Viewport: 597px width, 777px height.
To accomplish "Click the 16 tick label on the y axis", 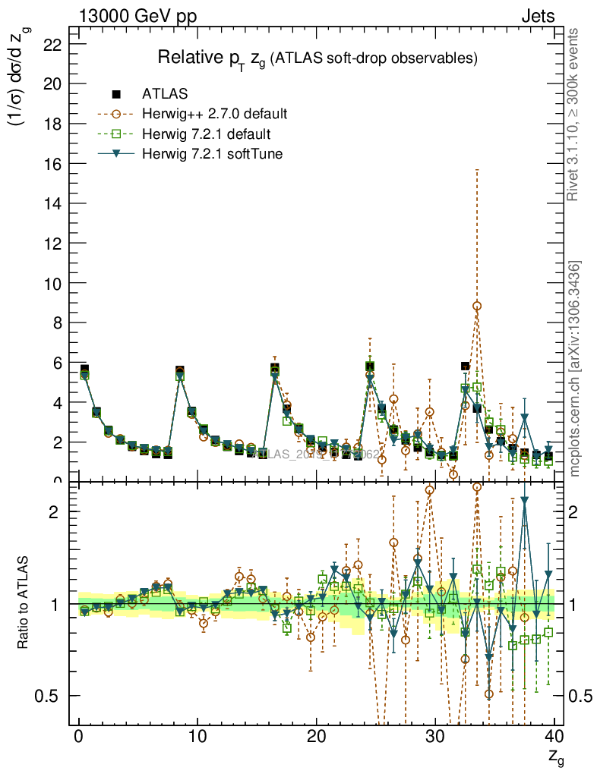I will pos(52,164).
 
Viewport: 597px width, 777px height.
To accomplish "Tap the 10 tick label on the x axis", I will pos(197,736).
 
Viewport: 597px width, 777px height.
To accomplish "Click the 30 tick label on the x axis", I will pos(434,736).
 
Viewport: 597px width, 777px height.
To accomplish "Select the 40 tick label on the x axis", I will pos(553,736).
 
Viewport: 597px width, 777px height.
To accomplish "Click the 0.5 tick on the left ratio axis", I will pos(47,696).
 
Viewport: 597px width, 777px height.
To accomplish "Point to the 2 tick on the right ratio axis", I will pos(575,511).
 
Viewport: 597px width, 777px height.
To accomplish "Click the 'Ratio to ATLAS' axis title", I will pos(24,604).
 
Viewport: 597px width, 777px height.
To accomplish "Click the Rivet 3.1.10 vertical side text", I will pos(573,114).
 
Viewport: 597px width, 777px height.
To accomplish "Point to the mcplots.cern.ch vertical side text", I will pos(574,368).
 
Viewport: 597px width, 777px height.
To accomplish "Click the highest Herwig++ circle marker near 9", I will pos(477,306).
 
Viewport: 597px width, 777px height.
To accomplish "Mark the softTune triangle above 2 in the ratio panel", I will pos(525,501).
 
